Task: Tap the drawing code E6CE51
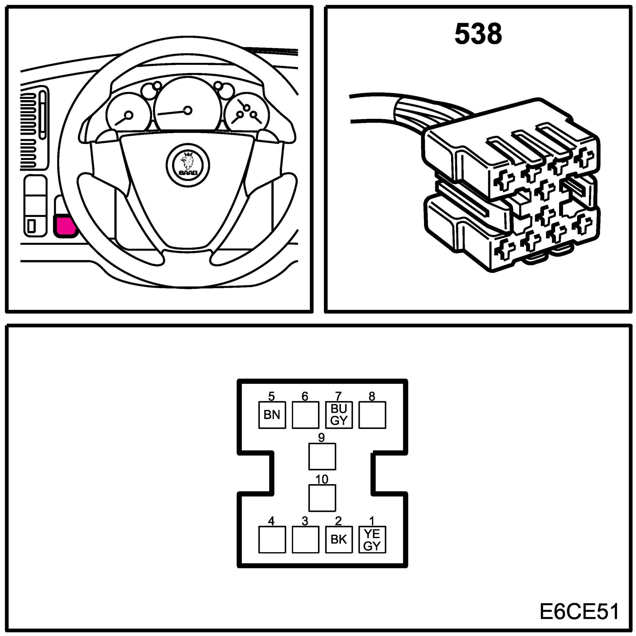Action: click(x=579, y=612)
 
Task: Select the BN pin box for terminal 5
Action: click(x=272, y=415)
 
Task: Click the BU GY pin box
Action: click(x=339, y=415)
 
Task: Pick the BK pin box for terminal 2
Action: click(x=339, y=540)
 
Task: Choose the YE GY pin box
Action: click(x=372, y=540)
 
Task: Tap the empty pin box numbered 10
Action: click(x=322, y=498)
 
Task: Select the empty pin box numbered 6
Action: click(x=305, y=415)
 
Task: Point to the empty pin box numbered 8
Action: click(x=372, y=415)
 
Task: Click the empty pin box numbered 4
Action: click(x=272, y=540)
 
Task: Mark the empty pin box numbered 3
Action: click(x=305, y=540)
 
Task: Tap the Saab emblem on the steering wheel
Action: click(x=188, y=165)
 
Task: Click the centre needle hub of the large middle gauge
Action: click(x=188, y=110)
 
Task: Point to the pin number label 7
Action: click(x=338, y=396)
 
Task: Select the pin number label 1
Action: click(x=372, y=521)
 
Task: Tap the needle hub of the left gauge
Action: click(x=129, y=115)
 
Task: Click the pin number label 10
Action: click(x=322, y=479)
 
